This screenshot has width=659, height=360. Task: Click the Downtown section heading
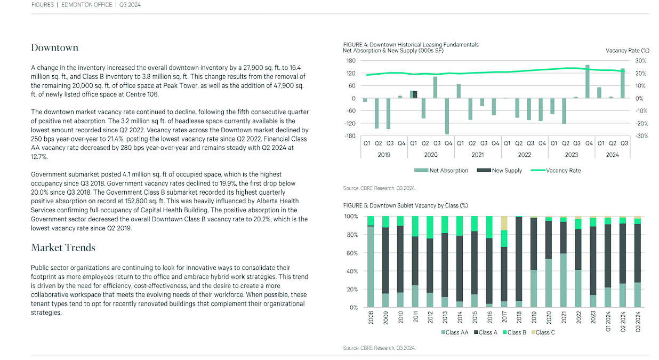tap(55, 47)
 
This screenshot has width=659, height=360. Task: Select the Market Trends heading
tap(63, 247)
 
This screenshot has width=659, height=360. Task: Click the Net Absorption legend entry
tap(441, 171)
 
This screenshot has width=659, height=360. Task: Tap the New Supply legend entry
tap(499, 171)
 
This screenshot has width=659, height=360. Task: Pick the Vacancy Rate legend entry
tap(556, 171)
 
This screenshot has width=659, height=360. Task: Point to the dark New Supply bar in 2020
tap(415, 94)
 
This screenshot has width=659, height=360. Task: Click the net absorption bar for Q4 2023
tap(588, 82)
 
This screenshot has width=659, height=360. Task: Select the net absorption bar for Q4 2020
tap(447, 116)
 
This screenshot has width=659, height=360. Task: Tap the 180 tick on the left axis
tap(351, 61)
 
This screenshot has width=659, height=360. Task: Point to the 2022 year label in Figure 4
tap(525, 155)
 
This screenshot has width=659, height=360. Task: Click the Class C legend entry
tap(543, 332)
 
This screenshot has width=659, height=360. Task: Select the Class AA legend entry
tap(455, 332)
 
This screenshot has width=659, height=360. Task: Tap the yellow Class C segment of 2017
tap(504, 223)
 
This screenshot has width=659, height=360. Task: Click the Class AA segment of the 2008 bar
tap(371, 267)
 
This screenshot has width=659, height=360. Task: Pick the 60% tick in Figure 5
tap(352, 253)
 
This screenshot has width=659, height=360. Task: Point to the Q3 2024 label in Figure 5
tap(638, 322)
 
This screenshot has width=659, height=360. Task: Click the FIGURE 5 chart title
tap(405, 205)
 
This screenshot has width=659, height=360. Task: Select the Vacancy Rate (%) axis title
tap(628, 51)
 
